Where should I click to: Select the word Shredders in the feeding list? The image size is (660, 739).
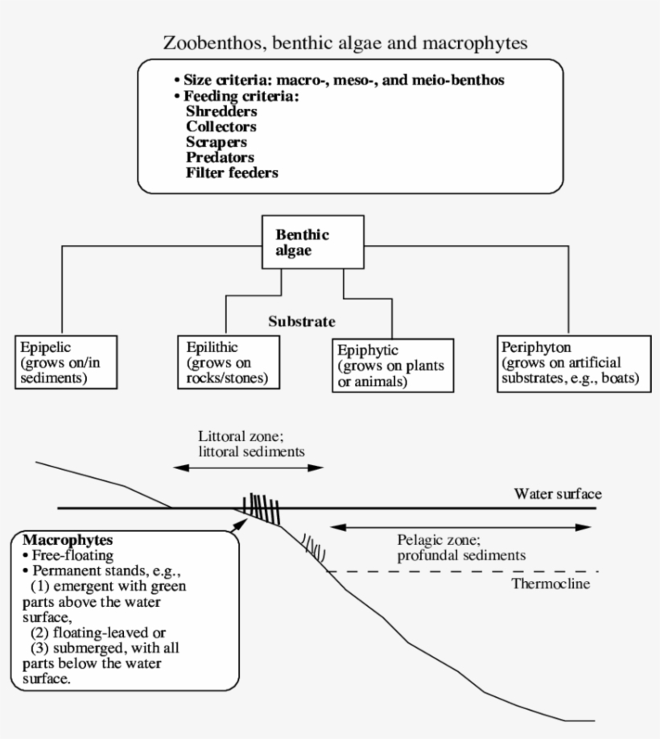221,112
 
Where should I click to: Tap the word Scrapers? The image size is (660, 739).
217,142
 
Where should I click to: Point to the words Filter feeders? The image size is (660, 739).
232,172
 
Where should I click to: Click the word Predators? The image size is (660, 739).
220,157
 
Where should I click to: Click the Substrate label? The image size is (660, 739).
301,321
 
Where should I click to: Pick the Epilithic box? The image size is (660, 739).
229,362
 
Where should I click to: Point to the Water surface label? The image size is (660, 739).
558,493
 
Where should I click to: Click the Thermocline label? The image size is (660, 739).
551,583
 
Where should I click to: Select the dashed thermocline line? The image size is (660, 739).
451,571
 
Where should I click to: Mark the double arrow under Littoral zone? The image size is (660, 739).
249,467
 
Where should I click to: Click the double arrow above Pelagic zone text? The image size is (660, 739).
461,527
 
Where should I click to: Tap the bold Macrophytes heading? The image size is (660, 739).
67,538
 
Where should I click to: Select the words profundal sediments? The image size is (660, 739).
461,555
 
